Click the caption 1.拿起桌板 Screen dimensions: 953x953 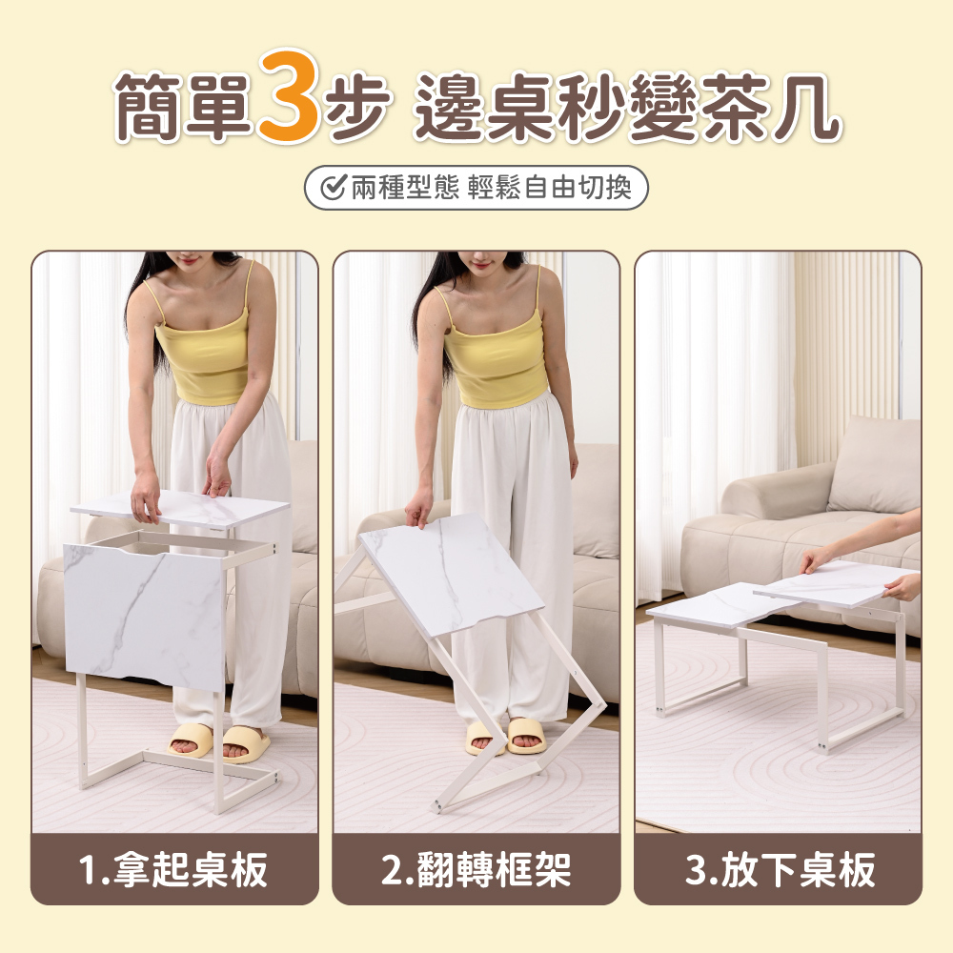pyautogui.click(x=174, y=870)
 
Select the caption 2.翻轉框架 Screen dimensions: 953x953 pyautogui.click(x=476, y=870)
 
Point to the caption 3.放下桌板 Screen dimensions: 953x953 pyautogui.click(x=779, y=870)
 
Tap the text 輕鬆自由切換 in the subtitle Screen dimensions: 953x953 pyautogui.click(x=549, y=188)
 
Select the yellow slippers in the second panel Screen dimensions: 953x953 pyautogui.click(x=505, y=736)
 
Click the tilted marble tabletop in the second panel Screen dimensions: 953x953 pyautogui.click(x=452, y=572)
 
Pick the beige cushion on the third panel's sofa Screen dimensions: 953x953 pyautogui.click(x=874, y=467)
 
